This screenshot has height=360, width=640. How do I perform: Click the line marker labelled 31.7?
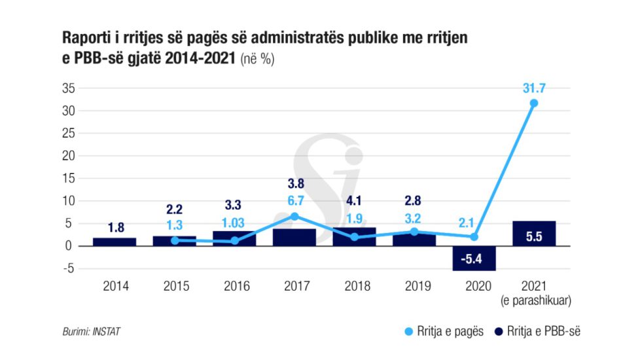[534, 103]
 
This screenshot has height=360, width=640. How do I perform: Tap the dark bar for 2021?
[534, 234]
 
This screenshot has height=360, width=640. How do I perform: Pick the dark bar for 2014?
[115, 242]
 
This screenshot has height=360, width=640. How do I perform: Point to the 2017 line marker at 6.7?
[294, 216]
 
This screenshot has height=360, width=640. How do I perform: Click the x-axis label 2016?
[235, 286]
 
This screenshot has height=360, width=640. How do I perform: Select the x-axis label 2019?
[414, 286]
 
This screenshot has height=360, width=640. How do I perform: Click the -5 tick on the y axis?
[69, 268]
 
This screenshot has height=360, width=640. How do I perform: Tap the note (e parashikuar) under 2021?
[534, 300]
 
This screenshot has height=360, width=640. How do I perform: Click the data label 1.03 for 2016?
[234, 223]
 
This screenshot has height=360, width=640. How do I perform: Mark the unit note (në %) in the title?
[257, 58]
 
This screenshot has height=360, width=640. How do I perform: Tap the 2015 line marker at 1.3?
[175, 240]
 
